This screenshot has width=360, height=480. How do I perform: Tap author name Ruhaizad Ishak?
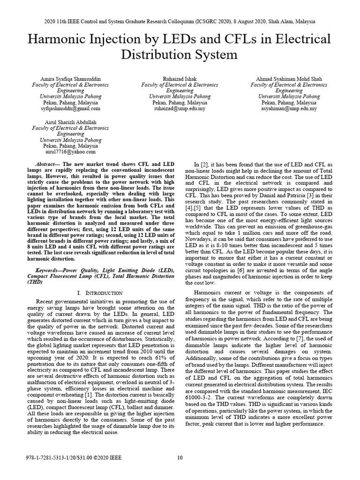pyautogui.click(x=180, y=78)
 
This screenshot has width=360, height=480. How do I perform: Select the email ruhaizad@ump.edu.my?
pyautogui.click(x=180, y=108)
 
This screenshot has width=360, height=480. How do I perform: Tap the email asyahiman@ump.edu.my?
pyautogui.click(x=289, y=108)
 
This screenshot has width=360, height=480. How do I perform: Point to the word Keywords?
pyautogui.click(x=48, y=270)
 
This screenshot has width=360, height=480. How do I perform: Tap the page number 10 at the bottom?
pyautogui.click(x=180, y=457)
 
